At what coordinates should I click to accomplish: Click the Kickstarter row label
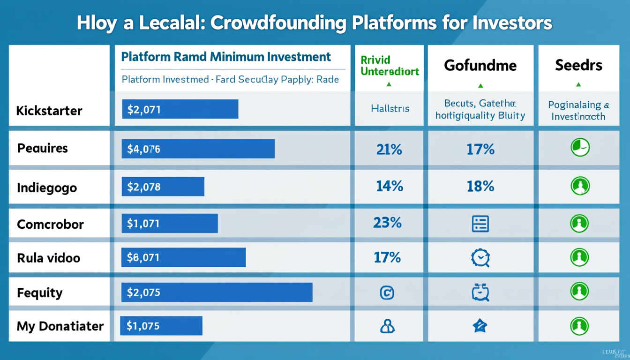tap(49, 111)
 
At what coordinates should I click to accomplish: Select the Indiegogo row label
tap(47, 187)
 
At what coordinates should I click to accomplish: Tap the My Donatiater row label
tap(60, 326)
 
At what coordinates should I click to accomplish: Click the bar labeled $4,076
tap(198, 149)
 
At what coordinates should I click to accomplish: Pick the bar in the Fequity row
tap(217, 292)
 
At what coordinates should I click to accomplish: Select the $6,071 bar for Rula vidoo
tap(183, 257)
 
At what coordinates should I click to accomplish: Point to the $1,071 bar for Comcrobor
tap(170, 224)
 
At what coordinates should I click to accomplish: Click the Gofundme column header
tap(480, 65)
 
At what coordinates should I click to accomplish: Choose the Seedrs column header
tap(578, 65)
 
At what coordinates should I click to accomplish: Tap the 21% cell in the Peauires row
tap(389, 150)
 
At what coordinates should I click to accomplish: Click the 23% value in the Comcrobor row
tap(387, 222)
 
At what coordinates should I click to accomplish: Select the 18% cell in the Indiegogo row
tap(480, 187)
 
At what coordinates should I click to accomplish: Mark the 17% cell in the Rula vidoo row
tap(387, 257)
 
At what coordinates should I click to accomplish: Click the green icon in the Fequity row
tap(579, 292)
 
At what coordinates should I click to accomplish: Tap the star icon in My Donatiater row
tap(480, 326)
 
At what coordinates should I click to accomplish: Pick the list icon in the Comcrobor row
tap(480, 224)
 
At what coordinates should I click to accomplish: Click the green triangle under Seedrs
tap(578, 85)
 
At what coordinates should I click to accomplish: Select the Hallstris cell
tap(390, 109)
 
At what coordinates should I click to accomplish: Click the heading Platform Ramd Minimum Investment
tap(226, 57)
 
